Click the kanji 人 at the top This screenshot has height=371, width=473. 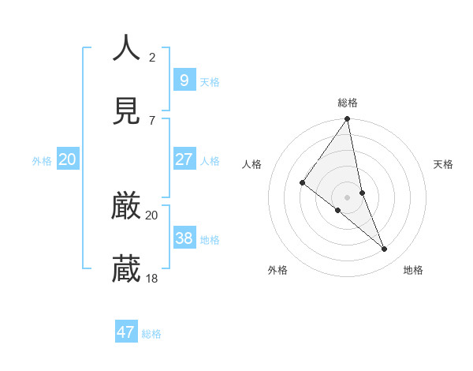click(126, 48)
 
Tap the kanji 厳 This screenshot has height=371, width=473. click(126, 206)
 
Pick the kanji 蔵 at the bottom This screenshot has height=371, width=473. click(126, 269)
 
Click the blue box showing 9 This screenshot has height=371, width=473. click(184, 80)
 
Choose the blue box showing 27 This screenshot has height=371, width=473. click(184, 159)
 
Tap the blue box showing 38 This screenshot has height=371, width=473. click(184, 238)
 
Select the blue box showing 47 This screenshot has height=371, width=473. click(126, 332)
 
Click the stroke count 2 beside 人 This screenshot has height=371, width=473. click(152, 57)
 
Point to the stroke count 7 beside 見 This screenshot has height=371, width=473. click(152, 120)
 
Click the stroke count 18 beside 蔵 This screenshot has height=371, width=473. click(152, 278)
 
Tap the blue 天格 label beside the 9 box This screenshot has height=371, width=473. click(210, 82)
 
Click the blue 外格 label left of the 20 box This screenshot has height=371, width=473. click(42, 161)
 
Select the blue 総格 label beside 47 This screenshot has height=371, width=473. click(151, 334)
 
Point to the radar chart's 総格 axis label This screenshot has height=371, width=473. click(348, 103)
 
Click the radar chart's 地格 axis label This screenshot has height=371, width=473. click(413, 270)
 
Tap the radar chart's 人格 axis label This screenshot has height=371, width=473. click(252, 164)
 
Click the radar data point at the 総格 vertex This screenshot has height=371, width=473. click(348, 119)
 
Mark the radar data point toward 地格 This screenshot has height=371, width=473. click(385, 249)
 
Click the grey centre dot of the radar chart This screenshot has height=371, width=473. click(348, 197)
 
